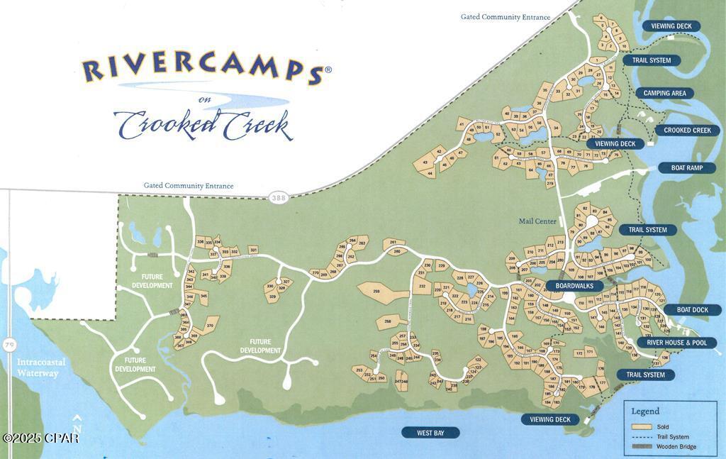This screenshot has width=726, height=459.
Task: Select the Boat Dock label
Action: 692,310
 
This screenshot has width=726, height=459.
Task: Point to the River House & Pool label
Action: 676,343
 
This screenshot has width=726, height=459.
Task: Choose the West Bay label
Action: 430,433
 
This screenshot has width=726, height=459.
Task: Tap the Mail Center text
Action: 537,221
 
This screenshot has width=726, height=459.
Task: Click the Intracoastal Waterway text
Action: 41,367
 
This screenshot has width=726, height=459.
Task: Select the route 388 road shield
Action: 279,198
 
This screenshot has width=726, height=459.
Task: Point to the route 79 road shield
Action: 9,345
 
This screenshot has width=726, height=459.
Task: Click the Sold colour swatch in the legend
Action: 642,427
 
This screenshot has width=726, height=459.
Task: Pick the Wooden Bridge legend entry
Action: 674,447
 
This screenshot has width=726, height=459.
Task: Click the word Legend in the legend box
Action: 645,411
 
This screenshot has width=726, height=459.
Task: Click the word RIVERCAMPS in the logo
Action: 202,69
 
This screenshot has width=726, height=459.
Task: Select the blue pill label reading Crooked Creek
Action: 687,131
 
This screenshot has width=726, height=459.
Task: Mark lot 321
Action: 253,250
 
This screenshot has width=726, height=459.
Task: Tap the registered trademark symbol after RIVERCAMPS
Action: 328,70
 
